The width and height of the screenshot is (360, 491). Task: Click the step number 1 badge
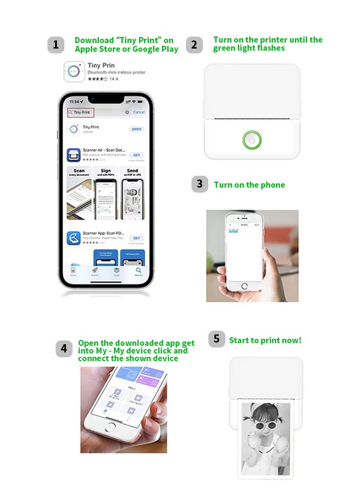pyautogui.click(x=56, y=45)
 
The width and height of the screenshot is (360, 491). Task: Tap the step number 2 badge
pyautogui.click(x=195, y=45)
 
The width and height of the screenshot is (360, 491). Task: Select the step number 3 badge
pyautogui.click(x=200, y=184)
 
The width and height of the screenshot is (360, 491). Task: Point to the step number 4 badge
pyautogui.click(x=64, y=349)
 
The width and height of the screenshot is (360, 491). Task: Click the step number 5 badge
pyautogui.click(x=217, y=339)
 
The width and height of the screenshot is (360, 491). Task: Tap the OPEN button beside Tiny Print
pyautogui.click(x=136, y=129)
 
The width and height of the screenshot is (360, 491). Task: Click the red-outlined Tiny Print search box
pyautogui.click(x=81, y=112)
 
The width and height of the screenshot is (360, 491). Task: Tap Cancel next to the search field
pyautogui.click(x=139, y=112)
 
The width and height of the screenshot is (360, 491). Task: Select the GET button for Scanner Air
pyautogui.click(x=136, y=155)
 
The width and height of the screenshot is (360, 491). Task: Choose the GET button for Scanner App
pyautogui.click(x=136, y=238)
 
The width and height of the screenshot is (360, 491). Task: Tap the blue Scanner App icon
pyautogui.click(x=74, y=238)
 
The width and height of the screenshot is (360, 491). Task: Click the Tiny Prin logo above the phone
pyautogui.click(x=74, y=71)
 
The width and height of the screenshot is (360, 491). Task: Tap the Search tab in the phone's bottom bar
pyautogui.click(x=139, y=271)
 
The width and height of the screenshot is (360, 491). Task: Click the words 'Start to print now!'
pyautogui.click(x=265, y=340)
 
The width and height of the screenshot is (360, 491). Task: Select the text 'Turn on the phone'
pyautogui.click(x=249, y=185)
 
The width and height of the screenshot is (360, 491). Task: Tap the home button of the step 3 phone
pyautogui.click(x=244, y=286)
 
